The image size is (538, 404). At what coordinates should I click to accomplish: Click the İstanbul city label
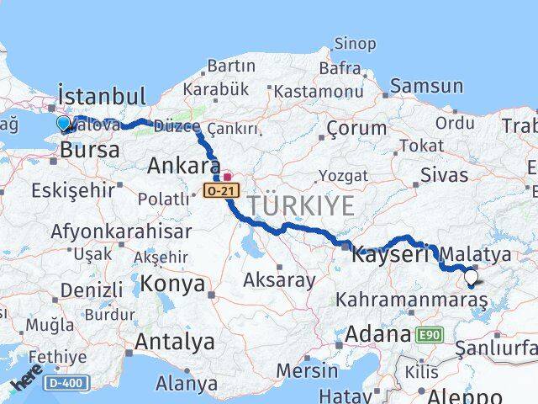[x=101, y=94]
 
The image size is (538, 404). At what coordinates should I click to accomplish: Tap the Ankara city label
[x=183, y=165]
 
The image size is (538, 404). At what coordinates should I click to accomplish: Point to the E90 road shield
[x=428, y=335]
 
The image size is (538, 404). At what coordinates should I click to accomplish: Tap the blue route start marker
[x=64, y=125]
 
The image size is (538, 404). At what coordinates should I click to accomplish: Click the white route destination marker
[x=471, y=276]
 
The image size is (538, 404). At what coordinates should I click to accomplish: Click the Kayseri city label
[x=390, y=252]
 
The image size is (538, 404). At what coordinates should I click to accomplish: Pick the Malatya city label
[x=476, y=253]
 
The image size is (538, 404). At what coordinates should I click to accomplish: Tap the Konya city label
[x=172, y=284]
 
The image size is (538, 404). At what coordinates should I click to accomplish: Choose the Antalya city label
[x=174, y=342]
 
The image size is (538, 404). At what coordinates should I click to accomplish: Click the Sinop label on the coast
[x=355, y=44]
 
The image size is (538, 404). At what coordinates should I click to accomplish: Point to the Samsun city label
[x=426, y=86]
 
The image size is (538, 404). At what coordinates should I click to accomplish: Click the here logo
[x=28, y=384]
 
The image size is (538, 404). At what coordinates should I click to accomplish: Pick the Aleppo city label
[x=465, y=396]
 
